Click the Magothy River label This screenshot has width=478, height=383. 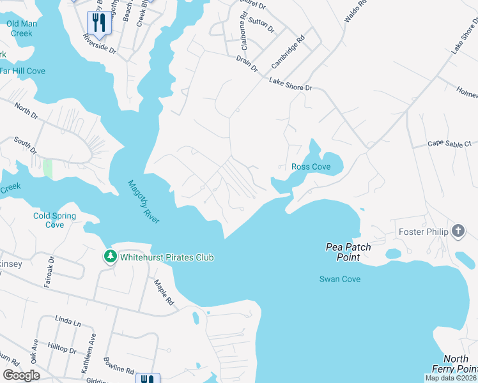click(144, 202)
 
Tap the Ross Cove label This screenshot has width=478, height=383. click(311, 167)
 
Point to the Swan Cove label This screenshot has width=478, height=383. click(340, 279)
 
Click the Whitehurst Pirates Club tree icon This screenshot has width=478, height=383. click(111, 257)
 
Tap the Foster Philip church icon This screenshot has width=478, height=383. click(458, 231)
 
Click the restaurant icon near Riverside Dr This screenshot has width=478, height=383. click(99, 23)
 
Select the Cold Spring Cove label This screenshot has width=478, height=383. click(54, 220)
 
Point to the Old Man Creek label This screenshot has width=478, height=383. click(22, 28)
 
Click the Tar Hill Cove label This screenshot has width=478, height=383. click(22, 71)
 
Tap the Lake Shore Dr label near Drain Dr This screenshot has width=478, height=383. click(290, 84)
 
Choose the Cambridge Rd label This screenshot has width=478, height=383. click(288, 52)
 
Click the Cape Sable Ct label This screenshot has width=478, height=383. click(449, 144)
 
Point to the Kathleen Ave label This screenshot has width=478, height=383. click(88, 349)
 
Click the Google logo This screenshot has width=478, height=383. click(21, 375)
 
